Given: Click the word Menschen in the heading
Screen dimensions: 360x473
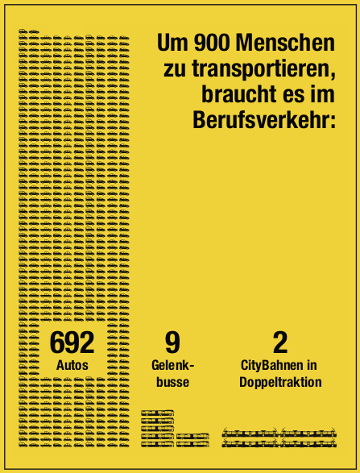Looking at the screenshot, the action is click(x=285, y=44).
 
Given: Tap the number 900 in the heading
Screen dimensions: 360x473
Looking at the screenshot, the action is click(x=211, y=44).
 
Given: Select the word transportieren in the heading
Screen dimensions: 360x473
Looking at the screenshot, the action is click(x=263, y=69).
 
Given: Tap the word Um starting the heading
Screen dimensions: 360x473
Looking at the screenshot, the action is click(x=172, y=44).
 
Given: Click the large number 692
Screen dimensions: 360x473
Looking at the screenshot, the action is click(x=72, y=342).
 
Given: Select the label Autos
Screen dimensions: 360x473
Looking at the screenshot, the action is click(x=72, y=365).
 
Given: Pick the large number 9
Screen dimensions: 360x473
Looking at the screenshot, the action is click(x=172, y=342).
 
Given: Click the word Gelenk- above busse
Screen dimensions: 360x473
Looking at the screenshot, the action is click(x=173, y=365).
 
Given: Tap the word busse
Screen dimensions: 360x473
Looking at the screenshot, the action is click(x=173, y=382).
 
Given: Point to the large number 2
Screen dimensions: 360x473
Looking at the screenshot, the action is click(x=280, y=342).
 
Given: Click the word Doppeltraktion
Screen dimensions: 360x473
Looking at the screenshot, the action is click(x=280, y=383).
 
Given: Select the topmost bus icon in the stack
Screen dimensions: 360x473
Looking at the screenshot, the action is click(x=157, y=413).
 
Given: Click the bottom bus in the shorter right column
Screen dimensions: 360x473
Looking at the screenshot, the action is click(x=192, y=444).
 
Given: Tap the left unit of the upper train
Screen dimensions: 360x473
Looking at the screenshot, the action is click(x=250, y=434).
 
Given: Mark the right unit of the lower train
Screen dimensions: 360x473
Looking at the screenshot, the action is click(x=308, y=443).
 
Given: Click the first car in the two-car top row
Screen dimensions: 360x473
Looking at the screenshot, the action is click(x=23, y=31).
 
